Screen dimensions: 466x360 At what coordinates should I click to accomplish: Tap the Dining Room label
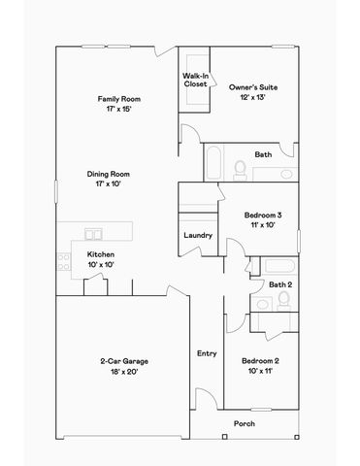pyautogui.click(x=114, y=174)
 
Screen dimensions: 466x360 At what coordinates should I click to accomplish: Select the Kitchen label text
pyautogui.click(x=101, y=254)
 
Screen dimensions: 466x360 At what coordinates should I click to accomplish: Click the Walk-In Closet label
pyautogui.click(x=195, y=80)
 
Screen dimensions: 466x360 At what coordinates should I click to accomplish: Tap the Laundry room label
pyautogui.click(x=198, y=235)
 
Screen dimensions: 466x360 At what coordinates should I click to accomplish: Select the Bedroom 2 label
pyautogui.click(x=261, y=361)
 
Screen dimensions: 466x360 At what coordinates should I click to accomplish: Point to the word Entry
pyautogui.click(x=207, y=353)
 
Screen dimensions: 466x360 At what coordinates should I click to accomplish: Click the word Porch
pyautogui.click(x=245, y=423)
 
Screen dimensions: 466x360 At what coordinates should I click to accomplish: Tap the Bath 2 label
pyautogui.click(x=280, y=283)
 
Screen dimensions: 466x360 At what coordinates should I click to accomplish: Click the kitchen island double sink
pyautogui.click(x=94, y=234)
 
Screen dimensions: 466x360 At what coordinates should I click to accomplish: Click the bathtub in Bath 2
pyautogui.click(x=280, y=266)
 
